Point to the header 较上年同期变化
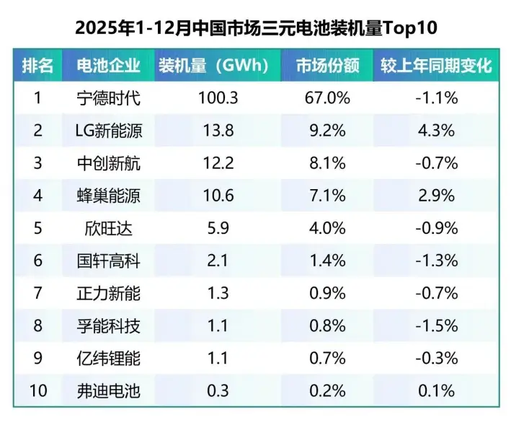(436, 66)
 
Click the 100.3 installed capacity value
(217, 98)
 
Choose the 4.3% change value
(436, 131)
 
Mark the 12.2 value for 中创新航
(217, 163)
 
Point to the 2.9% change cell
(436, 196)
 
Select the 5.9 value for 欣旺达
(217, 228)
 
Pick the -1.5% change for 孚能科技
(436, 325)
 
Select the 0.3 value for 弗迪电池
(217, 390)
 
